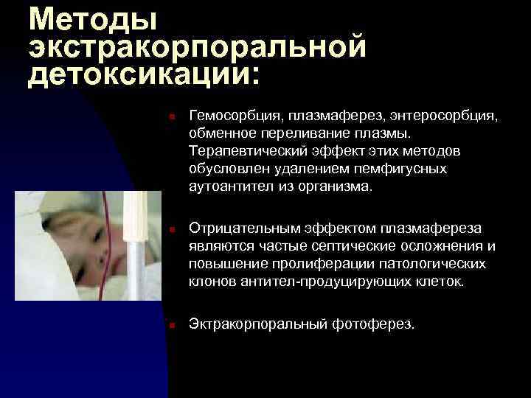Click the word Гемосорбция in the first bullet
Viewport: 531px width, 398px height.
point(234,116)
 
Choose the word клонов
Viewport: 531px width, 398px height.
point(210,281)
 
